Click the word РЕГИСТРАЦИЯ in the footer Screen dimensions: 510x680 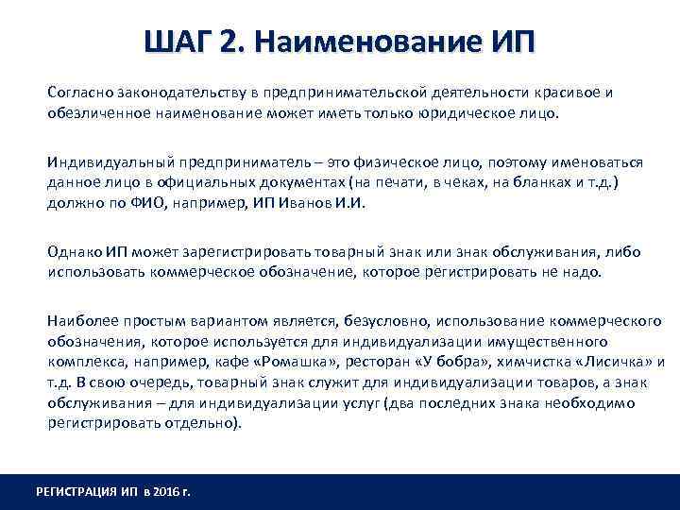tap(75, 492)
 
